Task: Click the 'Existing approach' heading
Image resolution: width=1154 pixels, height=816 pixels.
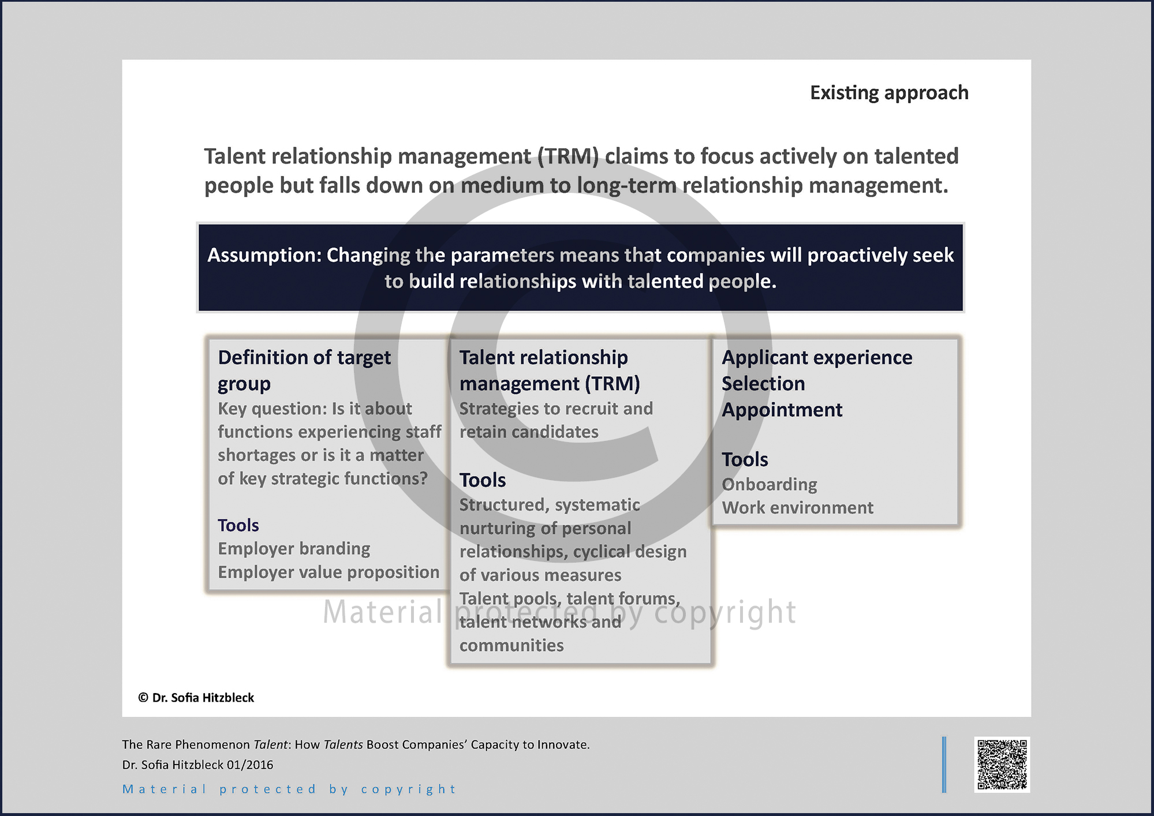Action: [x=889, y=93]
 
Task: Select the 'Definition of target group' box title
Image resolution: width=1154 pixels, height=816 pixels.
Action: [x=304, y=370]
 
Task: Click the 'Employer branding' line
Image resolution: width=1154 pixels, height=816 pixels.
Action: [x=294, y=548]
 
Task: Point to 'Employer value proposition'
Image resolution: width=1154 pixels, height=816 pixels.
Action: [x=328, y=572]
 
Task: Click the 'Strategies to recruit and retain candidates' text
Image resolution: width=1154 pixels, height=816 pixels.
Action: [x=556, y=420]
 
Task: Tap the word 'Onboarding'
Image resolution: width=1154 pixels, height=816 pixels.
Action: [x=770, y=484]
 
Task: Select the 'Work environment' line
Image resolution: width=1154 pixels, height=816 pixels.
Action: [x=798, y=508]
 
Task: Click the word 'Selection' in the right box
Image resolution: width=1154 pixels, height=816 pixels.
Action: [x=763, y=384]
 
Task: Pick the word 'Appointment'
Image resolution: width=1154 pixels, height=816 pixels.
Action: [x=782, y=410]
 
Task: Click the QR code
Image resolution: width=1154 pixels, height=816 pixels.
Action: [x=1002, y=764]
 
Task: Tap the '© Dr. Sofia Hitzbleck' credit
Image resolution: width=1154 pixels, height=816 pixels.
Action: [x=196, y=698]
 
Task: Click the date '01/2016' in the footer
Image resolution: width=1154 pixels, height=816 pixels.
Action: [x=250, y=765]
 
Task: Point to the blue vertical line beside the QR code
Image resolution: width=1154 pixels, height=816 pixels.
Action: [x=944, y=765]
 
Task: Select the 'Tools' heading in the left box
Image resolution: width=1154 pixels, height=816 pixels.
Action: [x=238, y=525]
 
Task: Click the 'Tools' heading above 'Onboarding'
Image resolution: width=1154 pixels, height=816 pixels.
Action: [x=745, y=459]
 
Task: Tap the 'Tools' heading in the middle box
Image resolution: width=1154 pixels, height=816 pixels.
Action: [x=483, y=480]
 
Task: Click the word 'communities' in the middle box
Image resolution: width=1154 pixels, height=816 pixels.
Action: [x=511, y=645]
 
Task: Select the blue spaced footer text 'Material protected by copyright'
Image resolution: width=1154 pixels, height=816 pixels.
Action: [x=289, y=789]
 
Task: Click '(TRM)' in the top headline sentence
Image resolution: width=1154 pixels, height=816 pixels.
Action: [x=568, y=156]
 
